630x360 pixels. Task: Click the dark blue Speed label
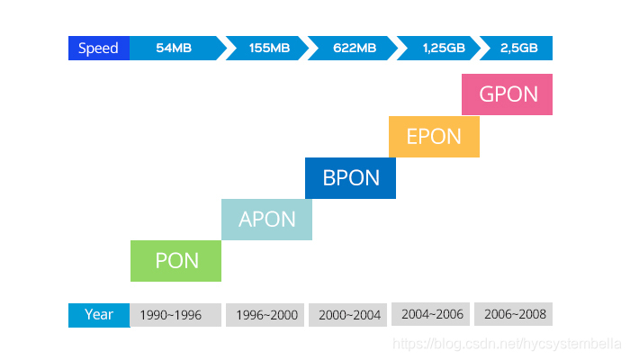coord(99,49)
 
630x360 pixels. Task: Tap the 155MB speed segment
coord(269,49)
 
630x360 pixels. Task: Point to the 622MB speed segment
coord(354,49)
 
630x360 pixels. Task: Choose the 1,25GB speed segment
coord(441,49)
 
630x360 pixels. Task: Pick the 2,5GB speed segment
coord(518,49)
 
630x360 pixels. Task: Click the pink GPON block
coord(507,94)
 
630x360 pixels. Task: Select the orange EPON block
coord(434,136)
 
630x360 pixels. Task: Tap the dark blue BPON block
coord(350,177)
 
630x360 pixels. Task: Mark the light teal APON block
coord(266,219)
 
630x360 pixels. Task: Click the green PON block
coord(175,261)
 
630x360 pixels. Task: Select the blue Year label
coord(99,315)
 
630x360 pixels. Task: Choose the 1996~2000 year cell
coord(267,315)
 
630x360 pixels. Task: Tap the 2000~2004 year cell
coord(350,315)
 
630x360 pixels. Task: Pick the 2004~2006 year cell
coord(432,315)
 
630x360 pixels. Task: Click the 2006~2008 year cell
coord(513,315)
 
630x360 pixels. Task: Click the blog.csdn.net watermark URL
coord(508,344)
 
